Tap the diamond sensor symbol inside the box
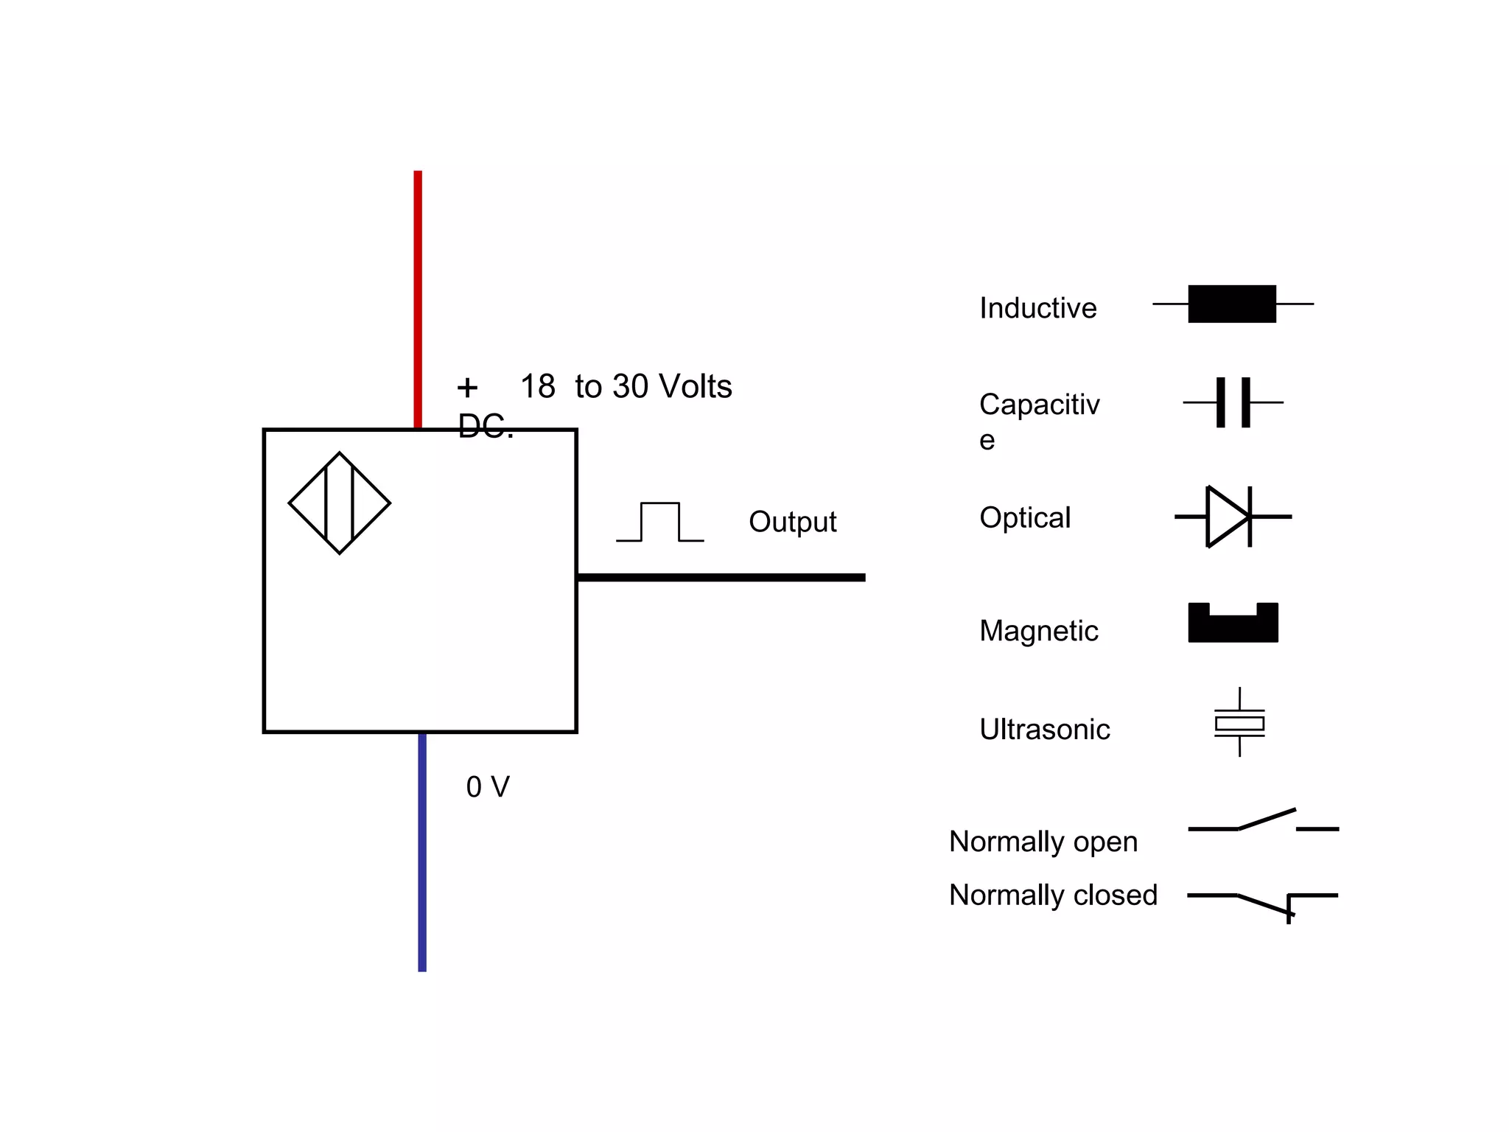click(x=340, y=503)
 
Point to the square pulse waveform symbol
click(x=660, y=523)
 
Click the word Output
click(x=792, y=522)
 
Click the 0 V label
click(x=488, y=787)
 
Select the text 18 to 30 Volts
click(x=626, y=386)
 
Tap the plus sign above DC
click(x=467, y=387)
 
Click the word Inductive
click(x=1037, y=308)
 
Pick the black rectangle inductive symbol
click(x=1232, y=304)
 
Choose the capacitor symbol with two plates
click(x=1233, y=402)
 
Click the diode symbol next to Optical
click(x=1230, y=517)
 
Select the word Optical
click(x=1025, y=517)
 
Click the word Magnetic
click(x=1038, y=631)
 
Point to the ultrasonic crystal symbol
click(x=1239, y=722)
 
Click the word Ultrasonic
click(x=1044, y=730)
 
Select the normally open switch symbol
click(x=1263, y=823)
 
